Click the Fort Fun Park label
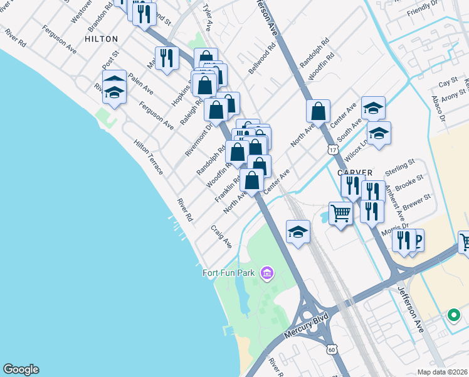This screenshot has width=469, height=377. tap(230, 273)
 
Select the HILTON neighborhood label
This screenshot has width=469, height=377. tap(101, 38)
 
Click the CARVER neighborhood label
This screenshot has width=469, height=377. tap(355, 172)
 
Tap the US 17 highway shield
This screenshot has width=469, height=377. tap(332, 148)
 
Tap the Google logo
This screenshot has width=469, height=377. tap(21, 369)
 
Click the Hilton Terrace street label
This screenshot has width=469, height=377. tap(149, 157)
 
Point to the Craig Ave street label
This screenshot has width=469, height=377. tap(221, 236)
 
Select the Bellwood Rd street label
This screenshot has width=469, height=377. tap(262, 58)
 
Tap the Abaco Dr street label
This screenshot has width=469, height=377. tap(438, 109)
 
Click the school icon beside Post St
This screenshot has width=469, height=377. tap(113, 92)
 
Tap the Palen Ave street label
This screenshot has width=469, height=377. tap(140, 84)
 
